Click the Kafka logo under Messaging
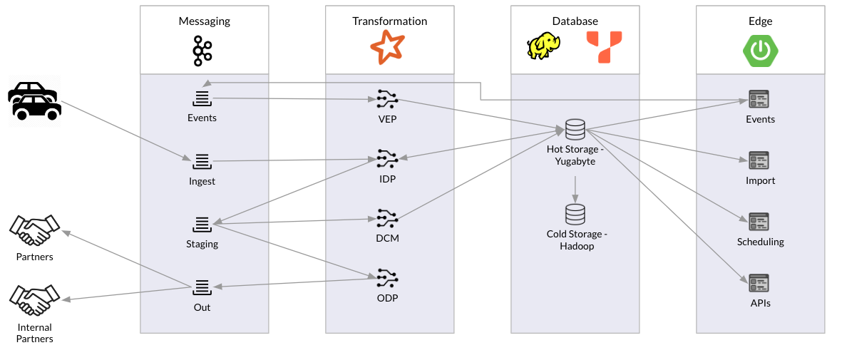click(202, 51)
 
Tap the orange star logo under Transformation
click(387, 48)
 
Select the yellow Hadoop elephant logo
click(543, 48)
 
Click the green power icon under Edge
click(760, 51)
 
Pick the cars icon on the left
click(34, 101)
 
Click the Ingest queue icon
click(202, 161)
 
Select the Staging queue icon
click(202, 225)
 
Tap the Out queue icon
click(202, 287)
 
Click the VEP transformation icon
click(387, 98)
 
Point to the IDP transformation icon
click(387, 158)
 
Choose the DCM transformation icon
click(387, 217)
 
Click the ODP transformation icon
click(387, 277)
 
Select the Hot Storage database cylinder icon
click(575, 130)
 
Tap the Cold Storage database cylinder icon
click(575, 214)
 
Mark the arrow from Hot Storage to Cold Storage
click(575, 187)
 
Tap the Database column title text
click(575, 21)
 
